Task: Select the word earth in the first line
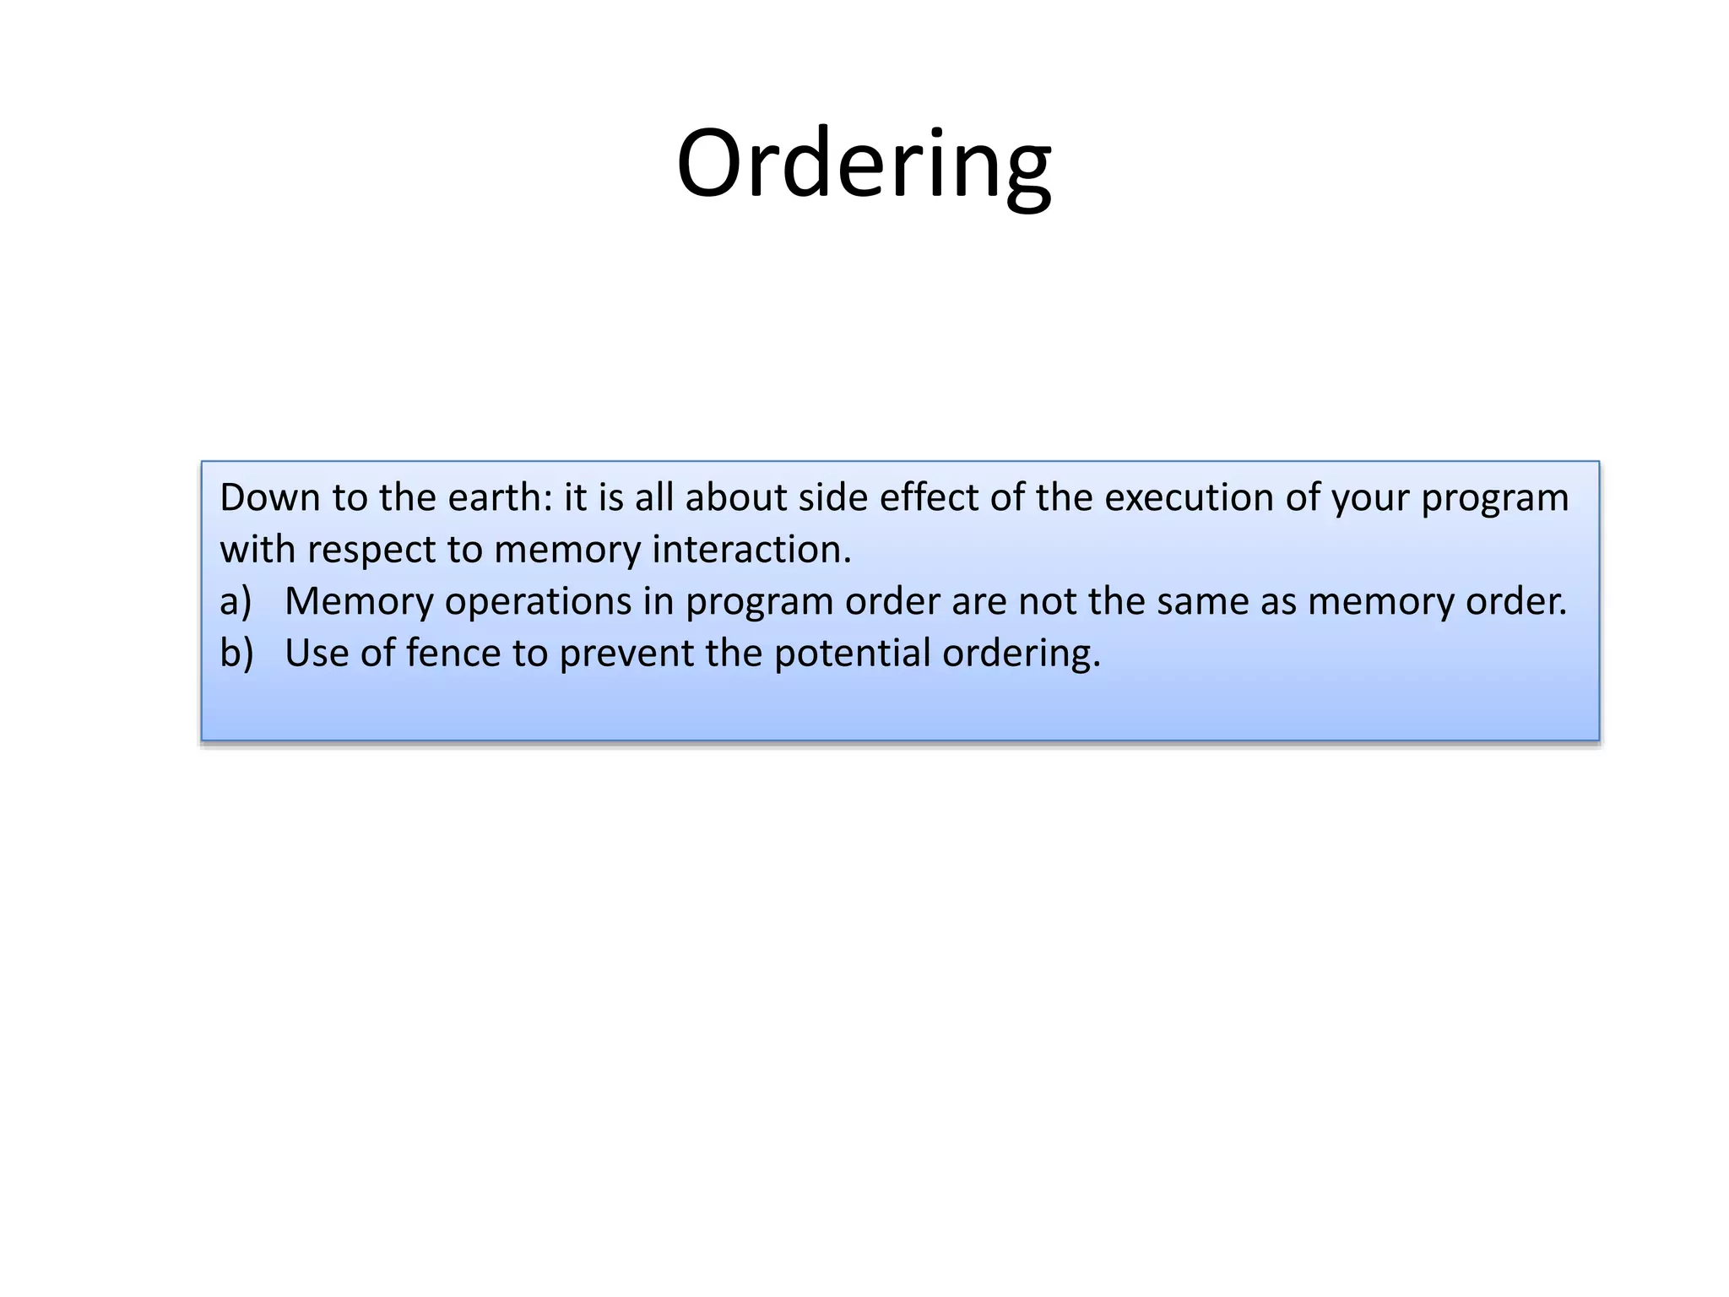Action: (499, 497)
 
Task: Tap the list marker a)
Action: (236, 602)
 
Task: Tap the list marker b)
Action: (236, 654)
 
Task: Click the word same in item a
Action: (1202, 602)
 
